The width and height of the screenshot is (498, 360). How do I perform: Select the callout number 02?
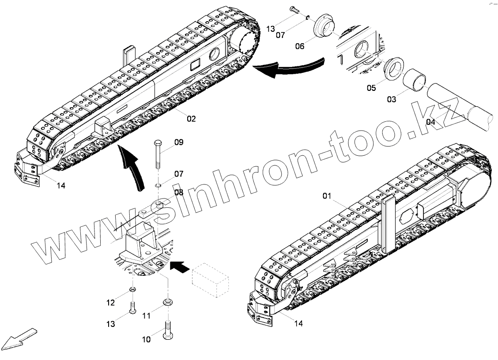tap(191, 118)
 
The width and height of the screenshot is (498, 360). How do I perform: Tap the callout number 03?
tap(392, 99)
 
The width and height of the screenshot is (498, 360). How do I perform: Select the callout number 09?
tap(178, 142)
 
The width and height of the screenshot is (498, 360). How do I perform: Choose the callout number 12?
tap(110, 303)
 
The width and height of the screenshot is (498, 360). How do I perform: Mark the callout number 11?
tap(147, 316)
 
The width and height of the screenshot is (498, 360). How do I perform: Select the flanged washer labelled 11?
tap(168, 303)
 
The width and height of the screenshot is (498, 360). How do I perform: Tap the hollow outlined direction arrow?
tap(18, 338)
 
